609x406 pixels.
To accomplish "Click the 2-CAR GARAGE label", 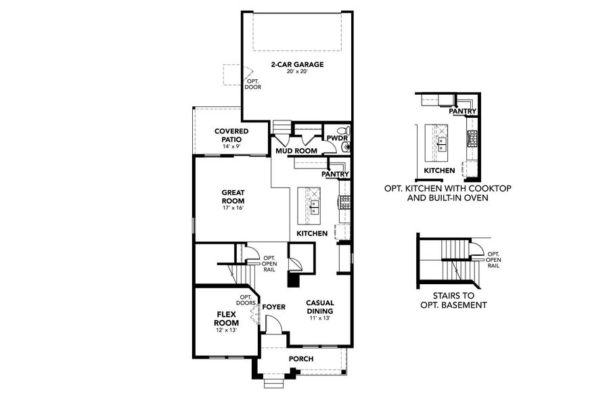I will [298, 65].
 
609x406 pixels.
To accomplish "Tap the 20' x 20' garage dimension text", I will [298, 72].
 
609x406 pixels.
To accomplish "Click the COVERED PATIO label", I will [231, 135].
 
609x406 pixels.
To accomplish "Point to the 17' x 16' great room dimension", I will [233, 208].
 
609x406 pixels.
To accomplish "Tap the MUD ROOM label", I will [292, 151].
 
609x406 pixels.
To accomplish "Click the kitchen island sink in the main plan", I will [315, 204].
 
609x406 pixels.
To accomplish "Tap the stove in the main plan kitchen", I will [344, 201].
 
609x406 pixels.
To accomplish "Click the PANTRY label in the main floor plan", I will [335, 174].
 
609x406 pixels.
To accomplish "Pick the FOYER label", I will [273, 307].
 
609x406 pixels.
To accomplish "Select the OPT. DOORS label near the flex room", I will [245, 299].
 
